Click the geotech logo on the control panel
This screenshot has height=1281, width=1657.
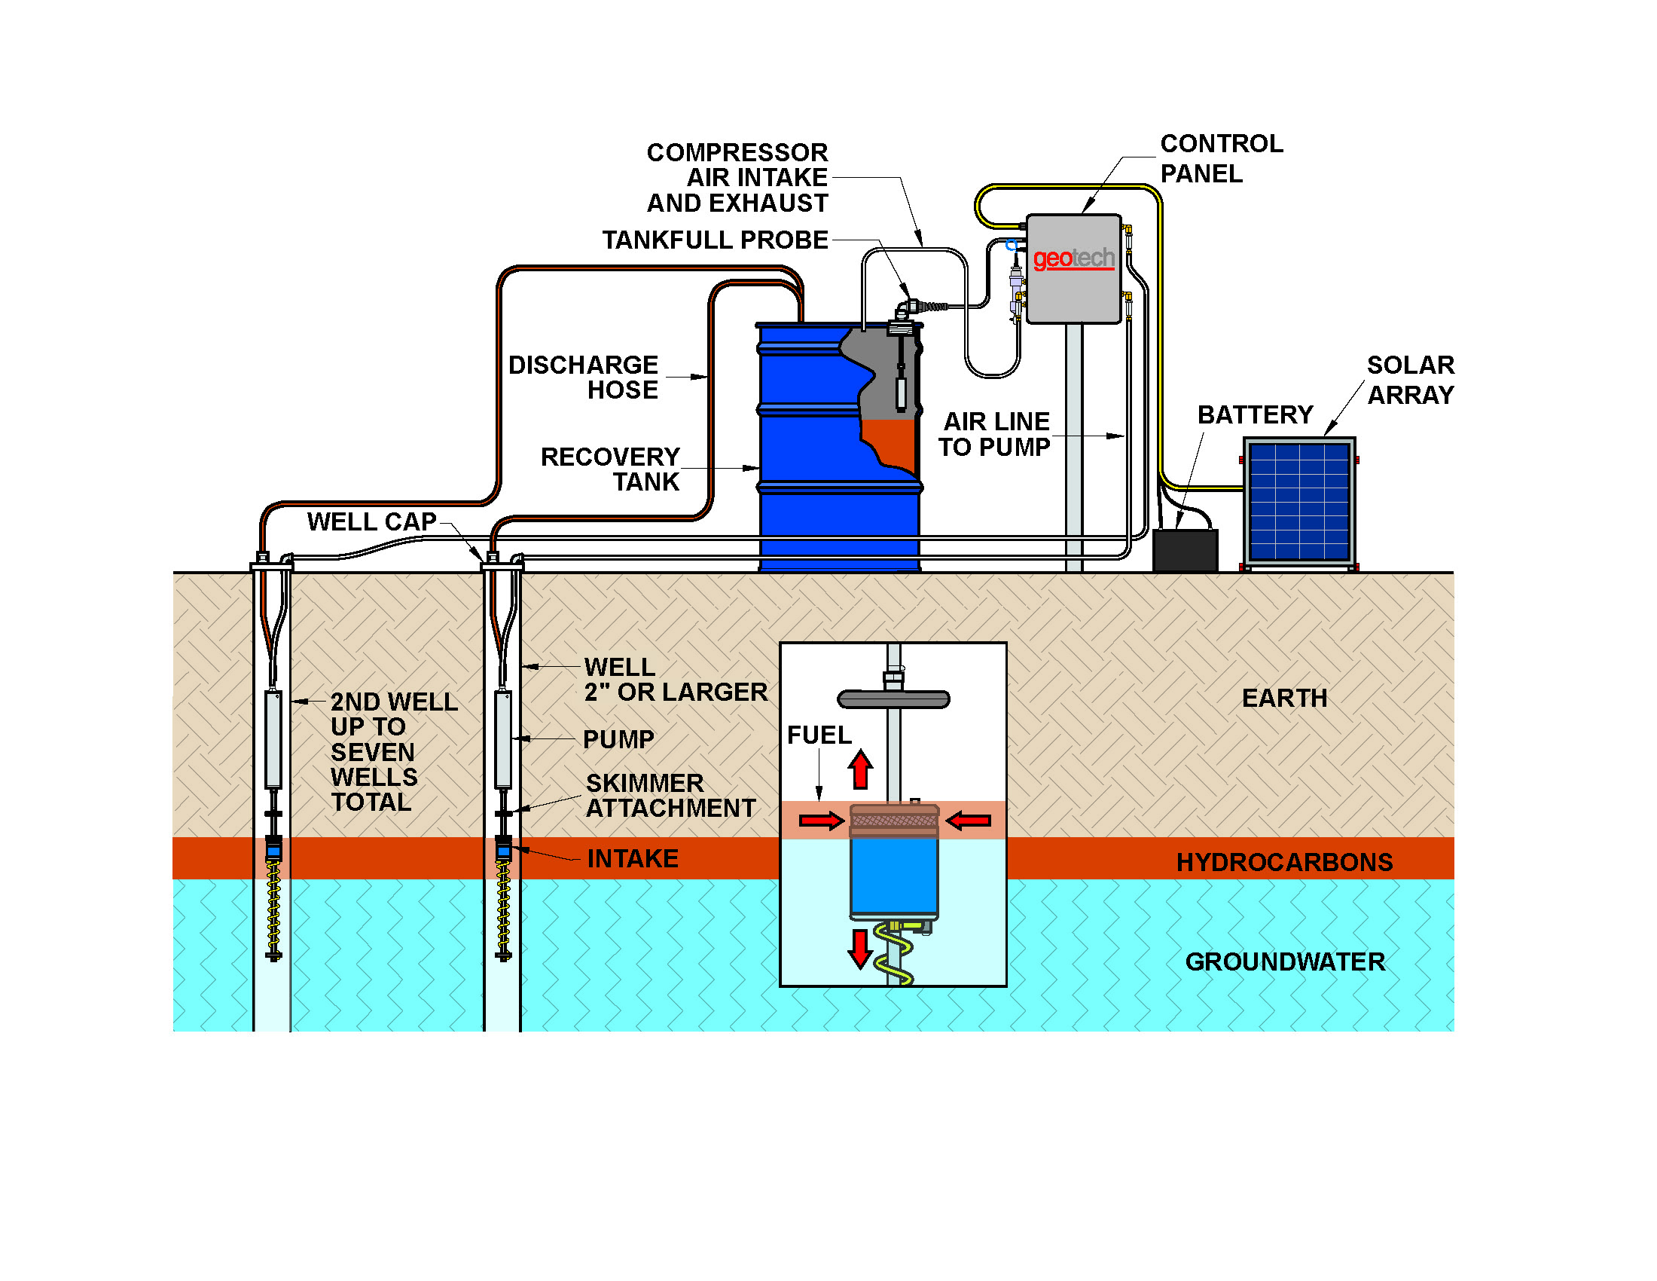coord(1073,258)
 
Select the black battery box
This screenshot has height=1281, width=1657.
coord(1184,549)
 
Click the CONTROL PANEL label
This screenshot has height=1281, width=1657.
coord(1221,157)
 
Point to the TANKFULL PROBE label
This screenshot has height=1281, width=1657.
coord(715,240)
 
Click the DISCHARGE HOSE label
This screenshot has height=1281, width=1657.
coord(583,378)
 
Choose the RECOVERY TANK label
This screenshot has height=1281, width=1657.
coord(609,469)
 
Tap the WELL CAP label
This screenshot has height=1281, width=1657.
coord(371,521)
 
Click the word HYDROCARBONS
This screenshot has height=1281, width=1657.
coord(1283,862)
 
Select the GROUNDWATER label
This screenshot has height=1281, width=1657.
coord(1284,962)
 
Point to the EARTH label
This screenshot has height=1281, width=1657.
coord(1283,699)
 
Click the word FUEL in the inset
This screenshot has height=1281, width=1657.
coord(819,735)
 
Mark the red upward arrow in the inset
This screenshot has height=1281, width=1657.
coord(859,769)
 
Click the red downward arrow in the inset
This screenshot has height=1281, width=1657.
coord(859,949)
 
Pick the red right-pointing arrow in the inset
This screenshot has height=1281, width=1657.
coord(821,821)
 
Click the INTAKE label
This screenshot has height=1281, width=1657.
coord(632,858)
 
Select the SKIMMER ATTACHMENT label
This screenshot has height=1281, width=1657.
coord(670,795)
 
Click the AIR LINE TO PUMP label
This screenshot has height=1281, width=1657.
coord(995,434)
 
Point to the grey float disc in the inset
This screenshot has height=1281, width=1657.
coord(893,699)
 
